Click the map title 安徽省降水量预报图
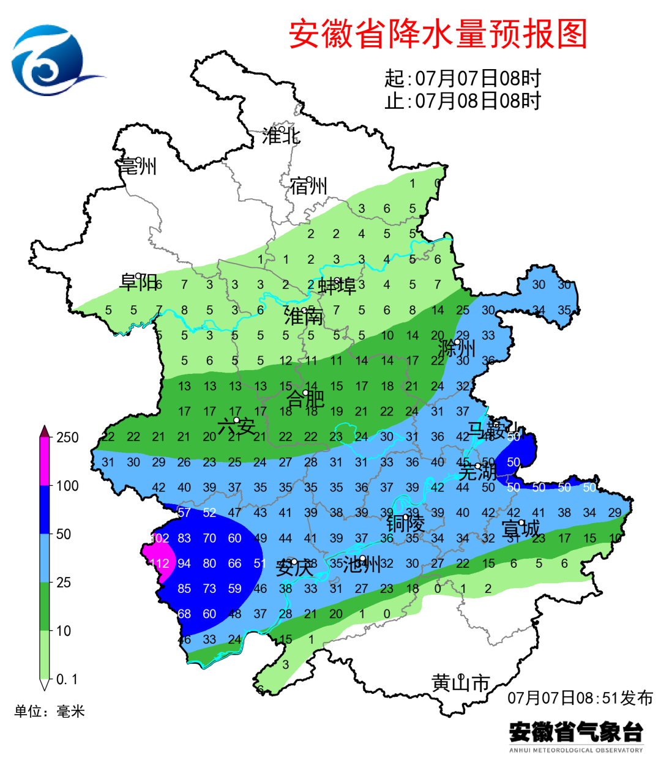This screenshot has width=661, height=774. pos(438,34)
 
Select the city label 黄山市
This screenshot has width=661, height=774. pos(461,682)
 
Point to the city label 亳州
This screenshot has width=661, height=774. pos(138,166)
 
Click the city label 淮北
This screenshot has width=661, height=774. pos(281,136)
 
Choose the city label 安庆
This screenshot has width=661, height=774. pos(295,568)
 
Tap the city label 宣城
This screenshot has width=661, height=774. pos(521,529)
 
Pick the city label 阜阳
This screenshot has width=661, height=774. pos(139,282)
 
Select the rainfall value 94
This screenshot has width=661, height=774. pos(184,564)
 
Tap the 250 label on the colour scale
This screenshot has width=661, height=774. pos(67,437)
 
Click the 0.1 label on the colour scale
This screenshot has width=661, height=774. pos(67,680)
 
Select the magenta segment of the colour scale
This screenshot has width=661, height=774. pos(44,462)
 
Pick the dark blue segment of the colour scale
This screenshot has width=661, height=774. pos(44,510)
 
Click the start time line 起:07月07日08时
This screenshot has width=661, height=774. pos(463,78)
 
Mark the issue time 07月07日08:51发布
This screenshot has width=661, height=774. pos(580,698)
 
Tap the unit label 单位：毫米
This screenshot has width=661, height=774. pos(50,712)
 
